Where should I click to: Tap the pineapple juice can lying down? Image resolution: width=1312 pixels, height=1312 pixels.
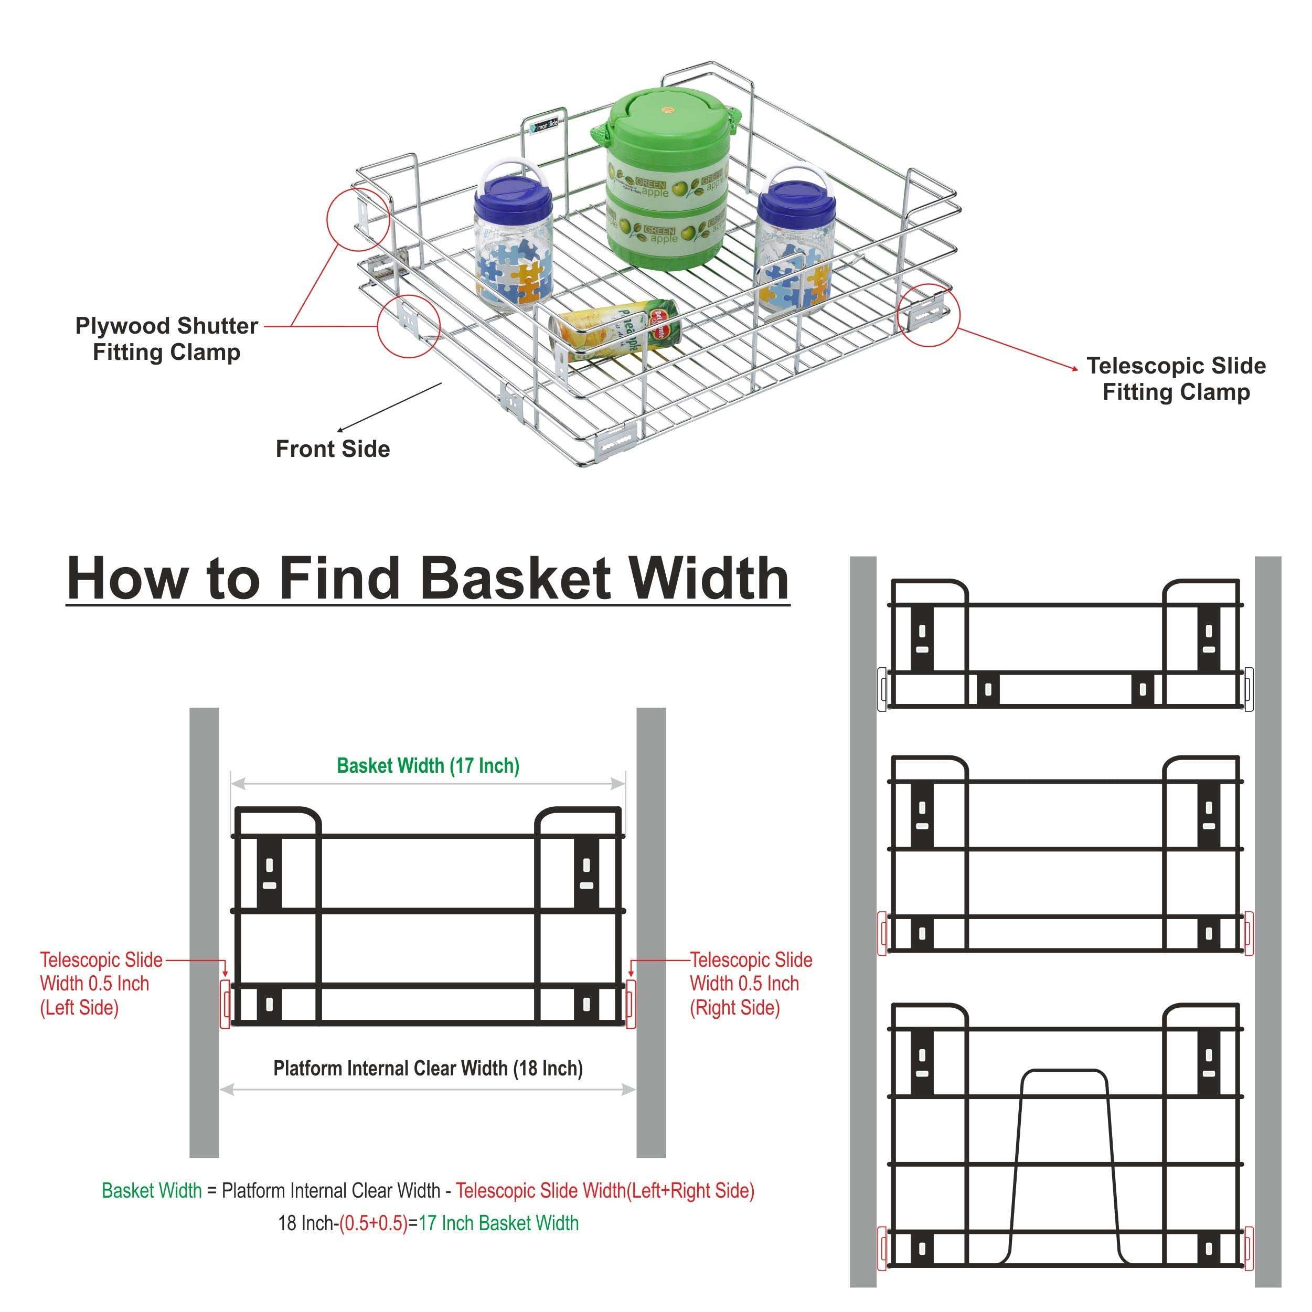coord(615,333)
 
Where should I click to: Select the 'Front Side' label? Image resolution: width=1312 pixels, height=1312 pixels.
coord(333,449)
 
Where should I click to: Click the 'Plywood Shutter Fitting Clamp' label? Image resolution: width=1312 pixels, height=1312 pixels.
coord(166,339)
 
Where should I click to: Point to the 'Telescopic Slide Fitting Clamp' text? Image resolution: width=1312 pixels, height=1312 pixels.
coord(1176,379)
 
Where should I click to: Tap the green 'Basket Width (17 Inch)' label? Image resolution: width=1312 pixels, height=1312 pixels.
coord(428,766)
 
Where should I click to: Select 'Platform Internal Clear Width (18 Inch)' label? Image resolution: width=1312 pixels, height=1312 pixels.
coord(428,1068)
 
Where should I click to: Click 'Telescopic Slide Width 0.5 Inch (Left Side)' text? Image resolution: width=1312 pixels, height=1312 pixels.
coord(101,983)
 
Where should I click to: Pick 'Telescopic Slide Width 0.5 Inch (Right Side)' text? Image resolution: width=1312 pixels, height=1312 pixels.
coord(750,983)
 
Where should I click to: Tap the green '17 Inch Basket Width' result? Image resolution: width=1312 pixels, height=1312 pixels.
coord(498,1223)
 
